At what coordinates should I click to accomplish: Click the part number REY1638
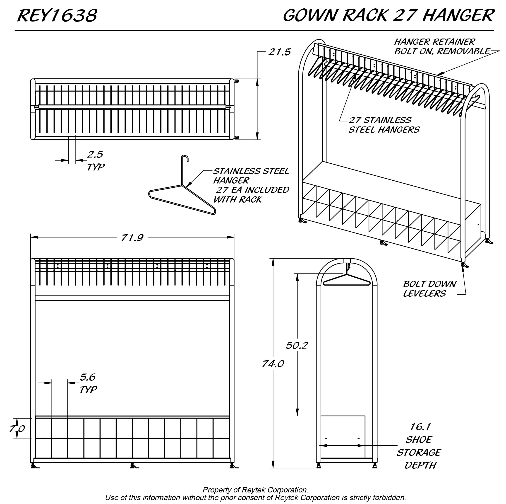(57, 15)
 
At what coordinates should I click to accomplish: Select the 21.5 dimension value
(279, 52)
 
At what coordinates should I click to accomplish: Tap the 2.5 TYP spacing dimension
(95, 160)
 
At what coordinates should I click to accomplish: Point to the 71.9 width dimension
(132, 238)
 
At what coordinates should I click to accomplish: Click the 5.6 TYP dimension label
(88, 383)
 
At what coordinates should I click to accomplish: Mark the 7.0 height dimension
(17, 429)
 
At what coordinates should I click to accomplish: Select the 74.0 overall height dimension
(273, 364)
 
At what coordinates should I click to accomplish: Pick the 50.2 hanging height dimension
(297, 346)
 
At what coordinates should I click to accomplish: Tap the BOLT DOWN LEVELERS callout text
(429, 289)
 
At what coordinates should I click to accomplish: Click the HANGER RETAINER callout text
(435, 42)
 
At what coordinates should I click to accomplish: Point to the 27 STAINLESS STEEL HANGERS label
(384, 125)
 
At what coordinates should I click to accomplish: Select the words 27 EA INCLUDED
(252, 190)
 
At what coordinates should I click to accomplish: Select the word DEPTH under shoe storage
(420, 465)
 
